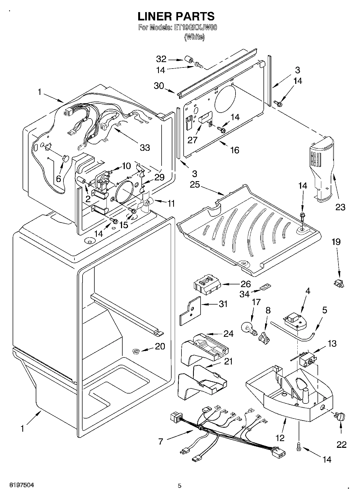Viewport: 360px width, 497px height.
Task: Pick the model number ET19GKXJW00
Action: pos(196,27)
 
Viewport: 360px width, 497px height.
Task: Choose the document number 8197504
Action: pos(22,485)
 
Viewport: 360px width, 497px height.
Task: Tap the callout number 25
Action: pos(195,185)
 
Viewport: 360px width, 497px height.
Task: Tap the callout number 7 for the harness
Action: pos(161,441)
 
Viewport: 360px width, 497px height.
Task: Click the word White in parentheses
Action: pos(194,37)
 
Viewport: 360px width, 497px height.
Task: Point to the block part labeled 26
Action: pos(206,285)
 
